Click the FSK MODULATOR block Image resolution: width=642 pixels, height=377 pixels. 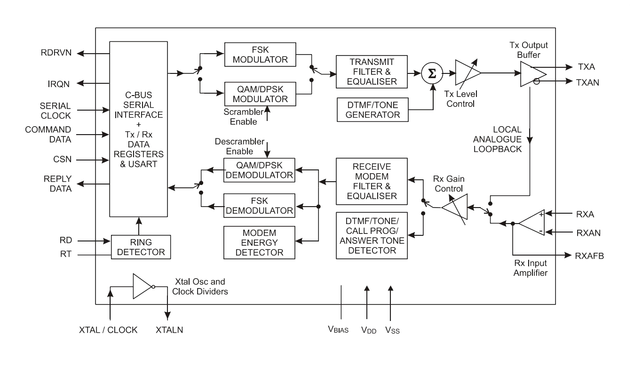(260, 55)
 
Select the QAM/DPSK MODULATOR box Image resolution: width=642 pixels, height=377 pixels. (260, 94)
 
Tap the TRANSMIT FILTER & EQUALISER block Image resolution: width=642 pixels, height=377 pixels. (372, 72)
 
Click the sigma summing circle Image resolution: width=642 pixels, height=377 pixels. (432, 73)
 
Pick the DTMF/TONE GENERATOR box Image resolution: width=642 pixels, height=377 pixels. (373, 110)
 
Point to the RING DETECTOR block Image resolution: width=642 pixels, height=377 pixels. (141, 247)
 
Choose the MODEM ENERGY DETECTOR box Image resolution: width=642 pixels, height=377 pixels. (259, 242)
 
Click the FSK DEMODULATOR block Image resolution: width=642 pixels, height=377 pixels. (259, 205)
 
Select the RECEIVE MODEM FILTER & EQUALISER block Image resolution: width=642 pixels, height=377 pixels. (372, 181)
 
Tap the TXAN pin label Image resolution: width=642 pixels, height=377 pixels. (587, 83)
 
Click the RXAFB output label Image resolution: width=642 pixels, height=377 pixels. (589, 256)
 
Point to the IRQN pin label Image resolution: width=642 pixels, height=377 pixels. (59, 84)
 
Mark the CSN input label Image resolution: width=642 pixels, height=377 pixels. (62, 159)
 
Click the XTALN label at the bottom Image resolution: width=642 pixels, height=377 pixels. (169, 330)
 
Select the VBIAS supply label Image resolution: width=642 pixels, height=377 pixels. (338, 329)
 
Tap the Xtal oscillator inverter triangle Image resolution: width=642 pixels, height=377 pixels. (142, 286)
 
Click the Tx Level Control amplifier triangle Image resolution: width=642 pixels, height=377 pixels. (468, 72)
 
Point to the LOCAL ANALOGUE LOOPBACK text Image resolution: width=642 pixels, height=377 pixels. (497, 139)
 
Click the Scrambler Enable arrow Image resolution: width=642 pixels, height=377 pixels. (267, 113)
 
